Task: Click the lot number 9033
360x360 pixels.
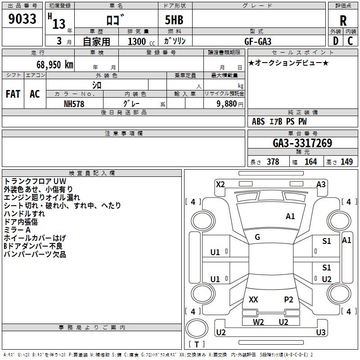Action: (22, 19)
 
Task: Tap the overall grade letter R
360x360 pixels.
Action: (343, 21)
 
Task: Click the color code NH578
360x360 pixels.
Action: (74, 103)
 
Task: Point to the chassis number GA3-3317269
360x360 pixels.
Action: (302, 144)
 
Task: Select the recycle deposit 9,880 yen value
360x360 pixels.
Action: (229, 103)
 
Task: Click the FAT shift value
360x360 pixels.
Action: (13, 94)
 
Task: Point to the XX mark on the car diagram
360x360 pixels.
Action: (253, 299)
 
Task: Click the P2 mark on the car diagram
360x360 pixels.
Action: (288, 299)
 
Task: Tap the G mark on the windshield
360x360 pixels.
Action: (257, 237)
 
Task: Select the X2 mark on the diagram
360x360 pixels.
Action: (220, 184)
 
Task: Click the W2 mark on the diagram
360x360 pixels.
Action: (258, 322)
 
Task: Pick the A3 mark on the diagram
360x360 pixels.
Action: (321, 184)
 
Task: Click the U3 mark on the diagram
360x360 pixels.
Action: (321, 333)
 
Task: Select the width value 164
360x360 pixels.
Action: (310, 162)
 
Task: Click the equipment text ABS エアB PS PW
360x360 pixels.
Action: (279, 121)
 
